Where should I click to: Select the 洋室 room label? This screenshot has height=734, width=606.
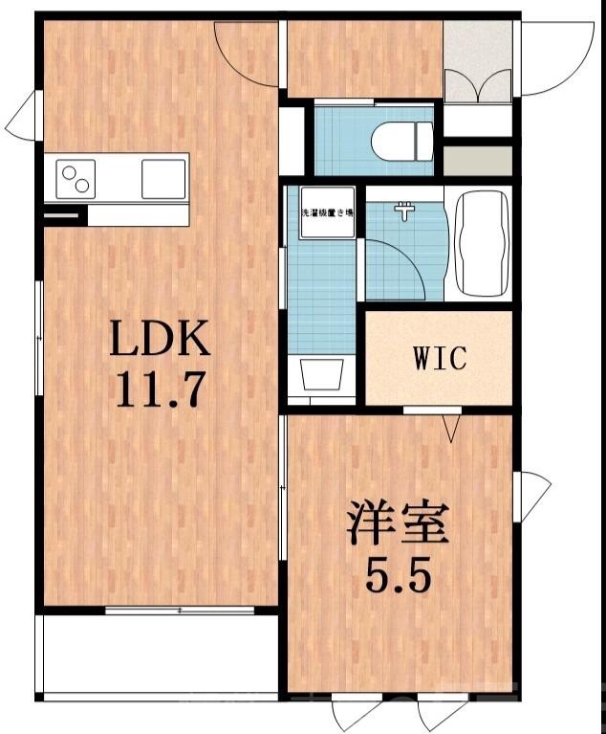tap(397, 523)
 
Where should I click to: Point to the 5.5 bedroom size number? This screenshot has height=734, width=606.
tap(397, 576)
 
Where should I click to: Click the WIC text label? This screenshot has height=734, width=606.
tap(439, 359)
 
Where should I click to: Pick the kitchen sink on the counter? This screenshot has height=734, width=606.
tap(163, 178)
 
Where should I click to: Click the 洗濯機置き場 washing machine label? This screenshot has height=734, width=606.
tap(327, 212)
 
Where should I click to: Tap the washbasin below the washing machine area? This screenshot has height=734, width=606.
tap(322, 374)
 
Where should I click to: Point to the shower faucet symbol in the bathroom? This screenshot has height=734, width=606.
tap(408, 210)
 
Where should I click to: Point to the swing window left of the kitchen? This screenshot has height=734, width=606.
tap(21, 117)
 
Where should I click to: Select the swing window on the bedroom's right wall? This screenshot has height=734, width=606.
tap(531, 496)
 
